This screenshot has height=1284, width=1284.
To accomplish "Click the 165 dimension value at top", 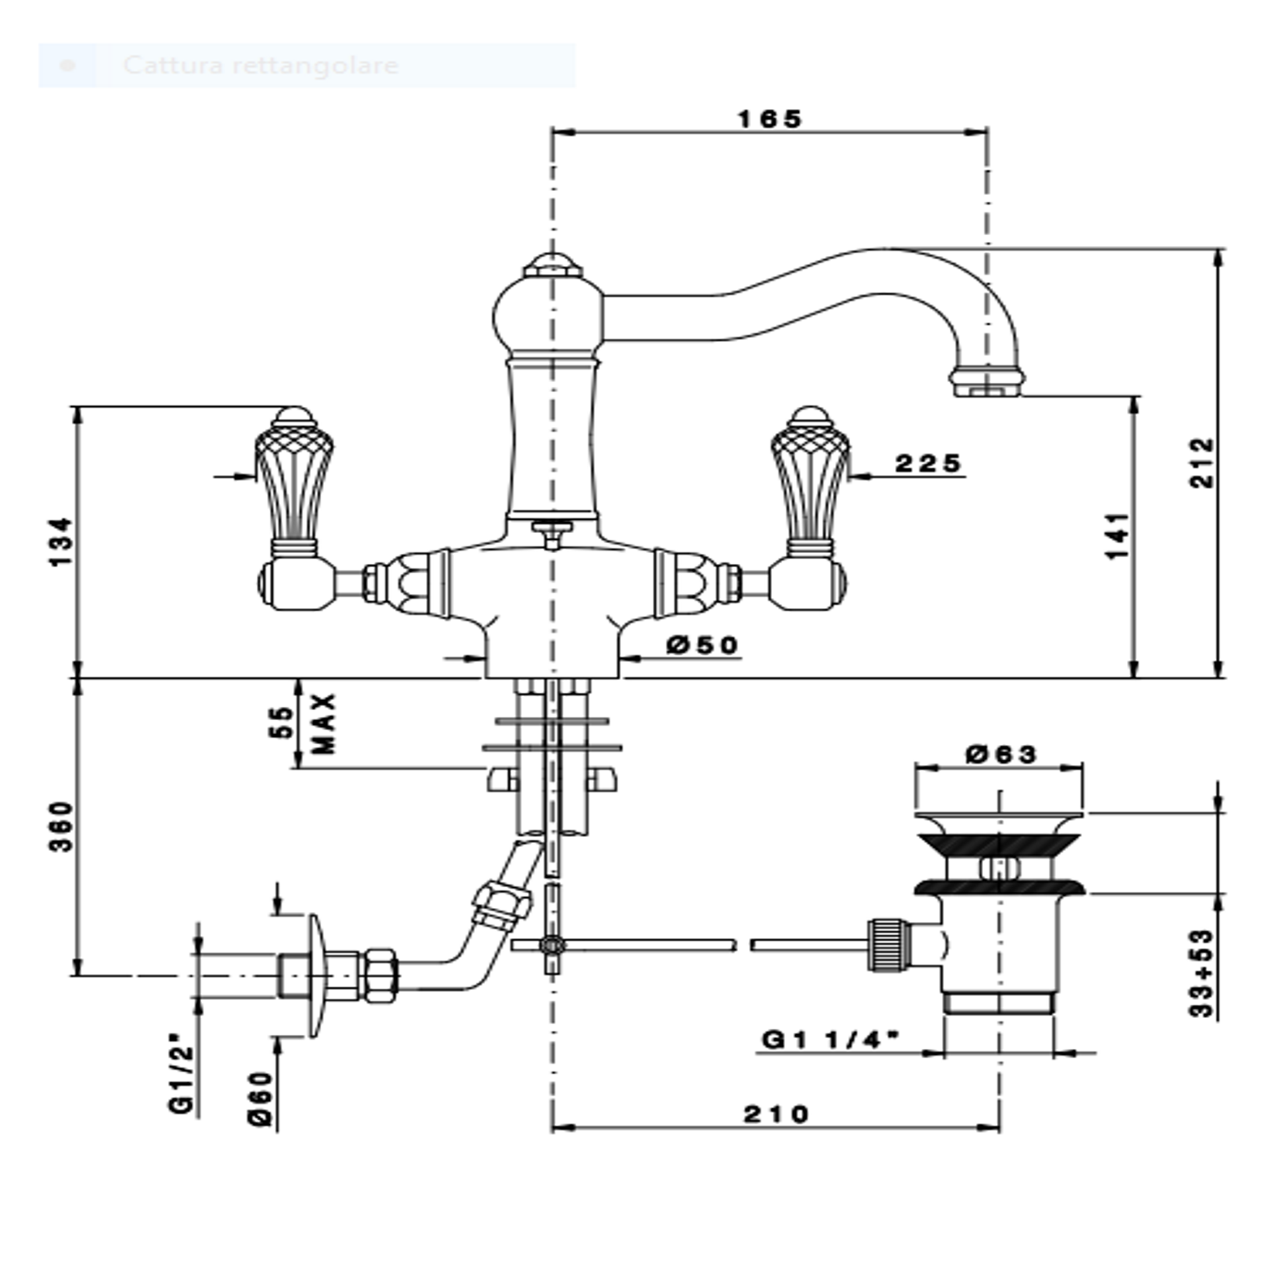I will (x=770, y=119).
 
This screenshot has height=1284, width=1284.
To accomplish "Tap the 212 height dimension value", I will (x=1201, y=463).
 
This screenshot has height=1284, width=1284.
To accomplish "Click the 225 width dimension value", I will (x=927, y=463).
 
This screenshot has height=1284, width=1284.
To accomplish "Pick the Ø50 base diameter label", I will (x=702, y=644).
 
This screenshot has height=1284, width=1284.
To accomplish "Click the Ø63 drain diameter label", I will (x=1002, y=753).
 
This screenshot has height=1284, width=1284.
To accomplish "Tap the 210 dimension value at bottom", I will (x=776, y=1115).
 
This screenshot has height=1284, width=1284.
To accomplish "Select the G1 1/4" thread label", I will (x=831, y=1040).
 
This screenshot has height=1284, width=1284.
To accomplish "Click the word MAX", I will (x=325, y=723).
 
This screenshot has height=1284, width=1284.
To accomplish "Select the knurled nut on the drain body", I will (x=887, y=944).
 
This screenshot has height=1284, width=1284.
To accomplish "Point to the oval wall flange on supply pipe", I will (x=316, y=976).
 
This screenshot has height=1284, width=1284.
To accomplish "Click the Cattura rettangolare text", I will (x=261, y=65).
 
